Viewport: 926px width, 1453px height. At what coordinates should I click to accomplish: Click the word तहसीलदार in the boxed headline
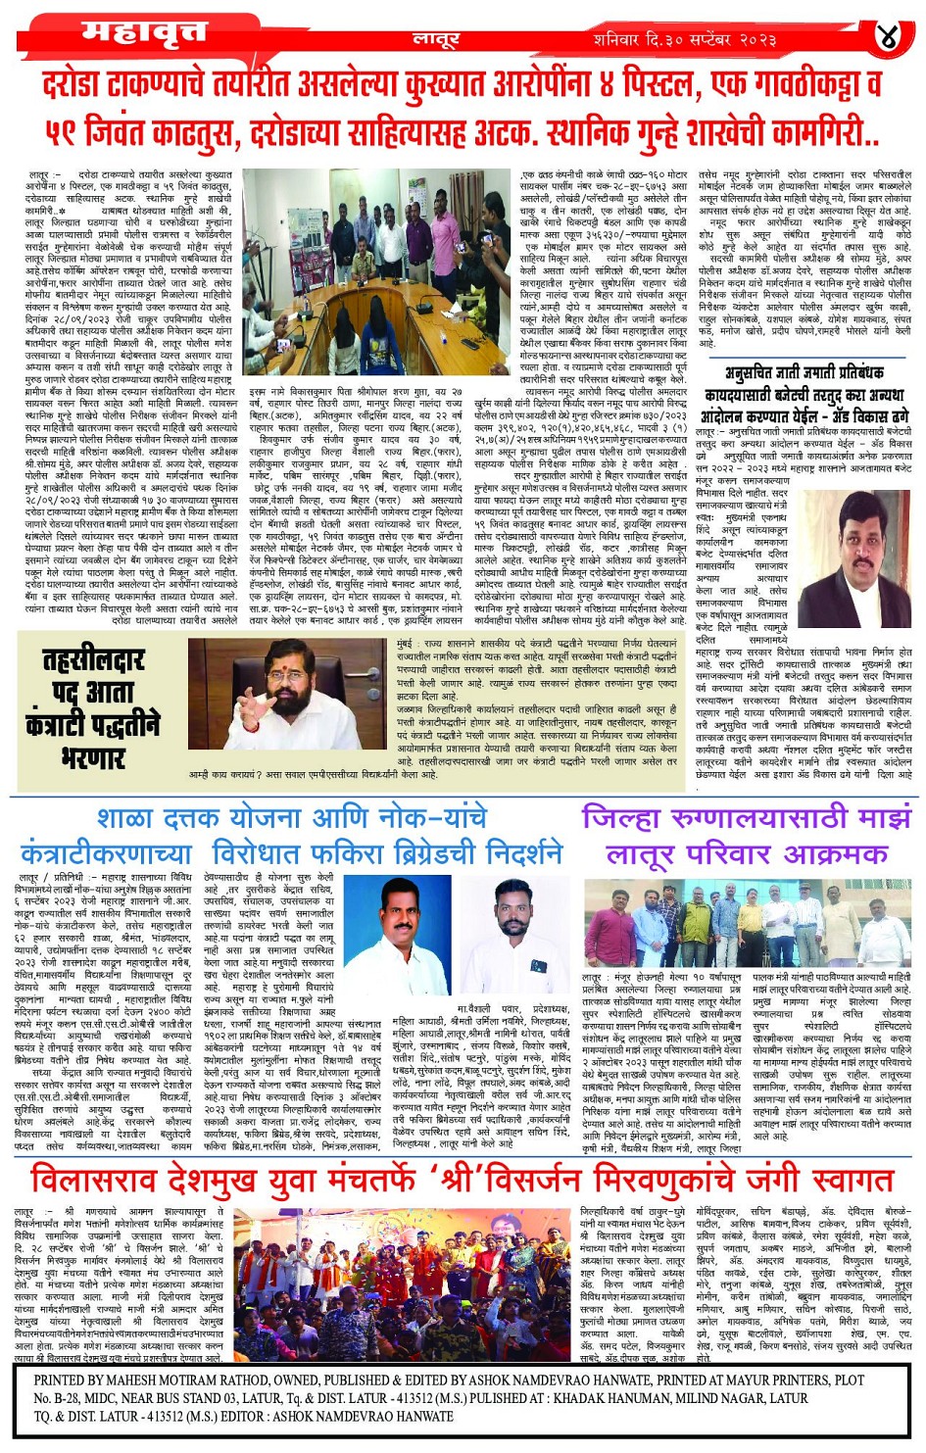tap(94, 660)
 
